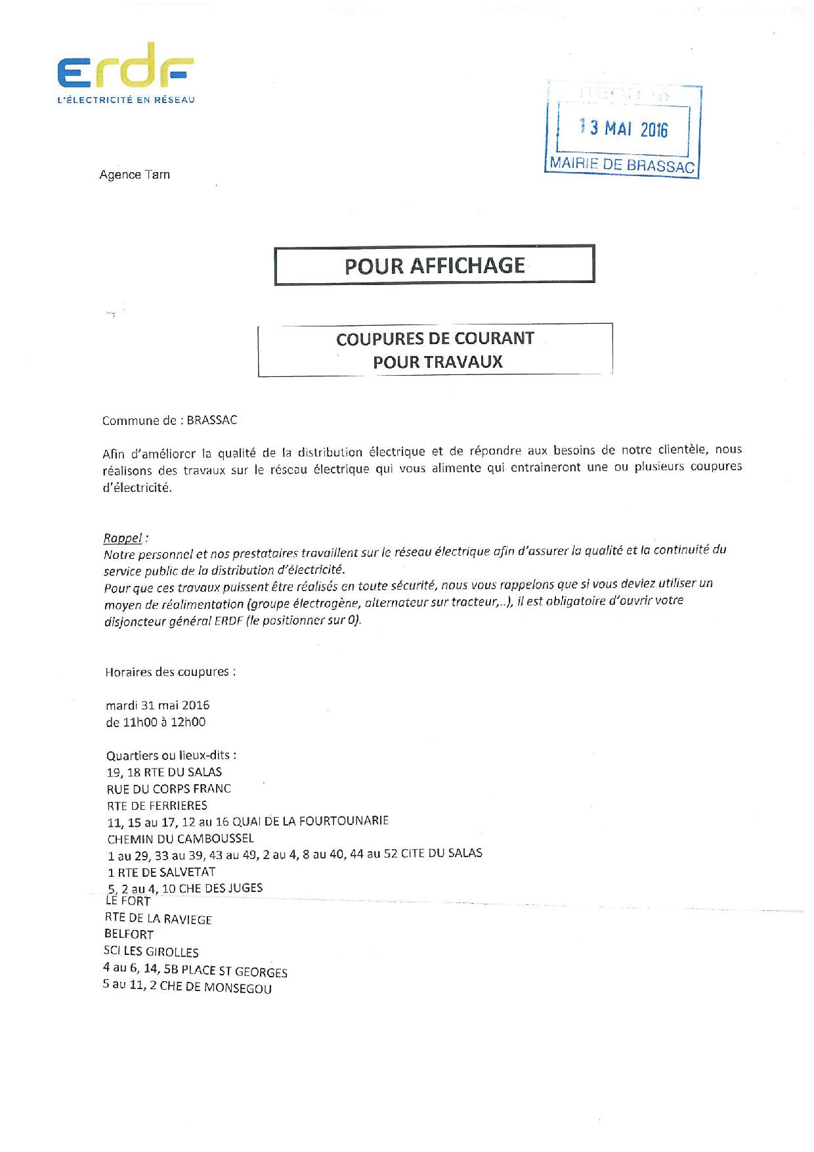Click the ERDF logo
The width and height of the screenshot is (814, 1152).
(125, 68)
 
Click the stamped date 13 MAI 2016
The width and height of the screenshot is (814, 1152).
(624, 128)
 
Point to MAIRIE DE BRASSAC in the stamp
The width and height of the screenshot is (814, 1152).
(622, 165)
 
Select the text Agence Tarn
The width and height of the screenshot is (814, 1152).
(135, 175)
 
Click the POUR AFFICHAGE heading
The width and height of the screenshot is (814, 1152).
(435, 265)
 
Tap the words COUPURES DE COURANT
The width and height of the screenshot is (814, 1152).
(435, 339)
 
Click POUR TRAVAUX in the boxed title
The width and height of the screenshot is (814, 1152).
(437, 362)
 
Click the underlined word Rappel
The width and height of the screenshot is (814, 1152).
(123, 538)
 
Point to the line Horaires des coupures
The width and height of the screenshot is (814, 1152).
(170, 672)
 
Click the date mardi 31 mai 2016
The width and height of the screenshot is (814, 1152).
(158, 705)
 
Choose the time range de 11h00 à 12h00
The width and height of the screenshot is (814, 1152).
(156, 722)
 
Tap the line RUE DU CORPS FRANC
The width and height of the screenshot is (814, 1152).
(169, 789)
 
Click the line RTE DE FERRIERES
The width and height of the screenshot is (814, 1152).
(157, 805)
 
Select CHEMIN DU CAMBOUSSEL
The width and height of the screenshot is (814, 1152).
(181, 838)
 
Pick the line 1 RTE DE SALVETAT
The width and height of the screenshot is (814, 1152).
(161, 872)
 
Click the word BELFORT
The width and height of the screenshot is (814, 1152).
(129, 935)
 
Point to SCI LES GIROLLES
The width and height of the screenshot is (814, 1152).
(152, 952)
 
